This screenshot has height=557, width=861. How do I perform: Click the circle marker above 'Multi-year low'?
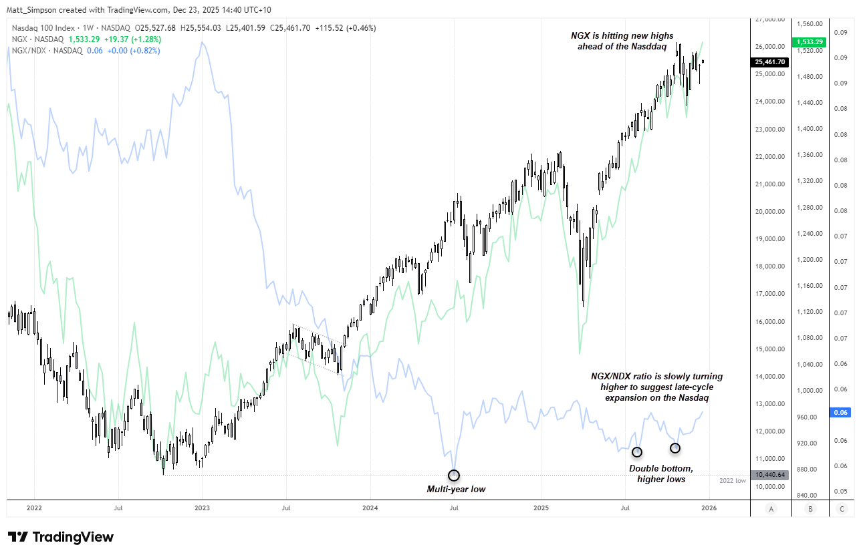(454, 476)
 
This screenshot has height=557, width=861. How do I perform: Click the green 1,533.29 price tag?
(810, 42)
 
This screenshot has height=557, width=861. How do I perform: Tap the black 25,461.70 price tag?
(769, 62)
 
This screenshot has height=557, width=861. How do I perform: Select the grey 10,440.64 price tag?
(769, 475)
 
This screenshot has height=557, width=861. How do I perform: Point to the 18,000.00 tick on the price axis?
(768, 266)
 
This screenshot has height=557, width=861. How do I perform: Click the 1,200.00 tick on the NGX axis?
(810, 260)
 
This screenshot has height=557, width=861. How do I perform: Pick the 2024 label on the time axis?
(370, 508)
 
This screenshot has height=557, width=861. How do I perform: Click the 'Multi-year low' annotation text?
(456, 490)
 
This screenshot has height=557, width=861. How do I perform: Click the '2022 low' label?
(732, 480)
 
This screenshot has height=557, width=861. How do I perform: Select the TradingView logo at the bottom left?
(61, 537)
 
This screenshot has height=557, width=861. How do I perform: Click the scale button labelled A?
(771, 508)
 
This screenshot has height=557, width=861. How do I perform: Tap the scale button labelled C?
(841, 508)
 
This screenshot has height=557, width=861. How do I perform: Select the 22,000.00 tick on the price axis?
(768, 157)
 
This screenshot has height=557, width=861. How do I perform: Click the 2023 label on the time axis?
(202, 508)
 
